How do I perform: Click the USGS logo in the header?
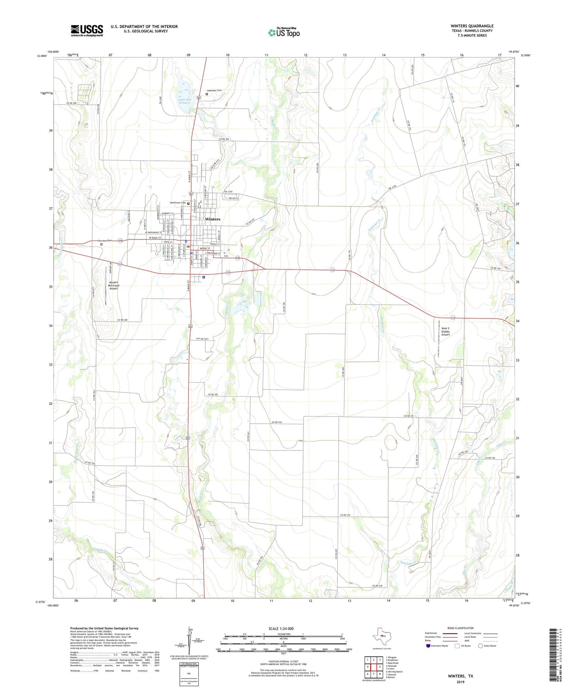[87, 30]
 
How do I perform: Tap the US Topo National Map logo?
[284, 32]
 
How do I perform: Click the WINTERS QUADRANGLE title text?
[472, 26]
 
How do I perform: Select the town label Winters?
[213, 219]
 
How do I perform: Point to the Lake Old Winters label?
[185, 101]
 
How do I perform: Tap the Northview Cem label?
[177, 203]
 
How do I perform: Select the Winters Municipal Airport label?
[114, 285]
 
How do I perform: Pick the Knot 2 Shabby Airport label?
[445, 331]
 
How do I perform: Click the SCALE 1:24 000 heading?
[281, 628]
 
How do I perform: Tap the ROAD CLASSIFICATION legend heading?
[460, 628]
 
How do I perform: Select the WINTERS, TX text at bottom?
[460, 676]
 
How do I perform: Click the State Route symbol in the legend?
[481, 646]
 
